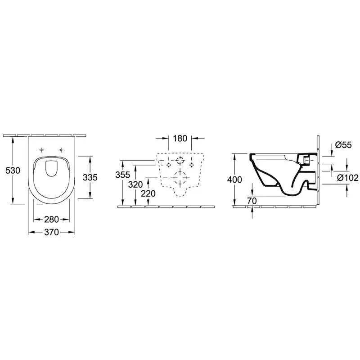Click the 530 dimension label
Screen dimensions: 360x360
(13, 171)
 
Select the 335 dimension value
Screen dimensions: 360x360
(90, 177)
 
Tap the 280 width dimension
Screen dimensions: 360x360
(51, 220)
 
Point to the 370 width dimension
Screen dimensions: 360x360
(51, 232)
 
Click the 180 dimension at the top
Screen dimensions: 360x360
(180, 139)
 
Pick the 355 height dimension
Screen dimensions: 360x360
(123, 175)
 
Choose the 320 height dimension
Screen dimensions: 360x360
(135, 184)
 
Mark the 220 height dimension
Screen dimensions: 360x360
(148, 194)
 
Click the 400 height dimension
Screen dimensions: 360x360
(234, 180)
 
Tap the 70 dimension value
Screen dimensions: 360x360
(252, 201)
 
